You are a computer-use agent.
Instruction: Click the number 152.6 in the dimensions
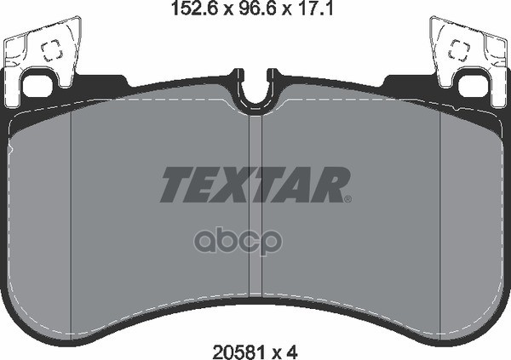tap(195, 9)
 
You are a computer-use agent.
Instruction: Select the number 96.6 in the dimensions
tap(257, 9)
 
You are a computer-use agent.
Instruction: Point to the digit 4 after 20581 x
tap(292, 351)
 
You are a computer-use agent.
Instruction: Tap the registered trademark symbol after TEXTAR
tap(347, 199)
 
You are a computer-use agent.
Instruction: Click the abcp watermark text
tap(238, 242)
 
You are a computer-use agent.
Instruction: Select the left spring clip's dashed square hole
tap(52, 50)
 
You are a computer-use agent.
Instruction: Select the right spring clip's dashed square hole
tap(459, 50)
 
